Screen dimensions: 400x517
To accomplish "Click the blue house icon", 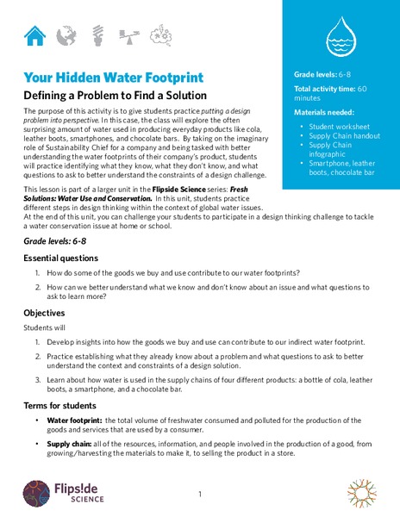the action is [x=35, y=35].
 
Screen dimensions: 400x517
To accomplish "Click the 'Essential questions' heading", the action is [x=64, y=258].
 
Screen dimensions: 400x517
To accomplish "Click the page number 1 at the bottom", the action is [x=199, y=495].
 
